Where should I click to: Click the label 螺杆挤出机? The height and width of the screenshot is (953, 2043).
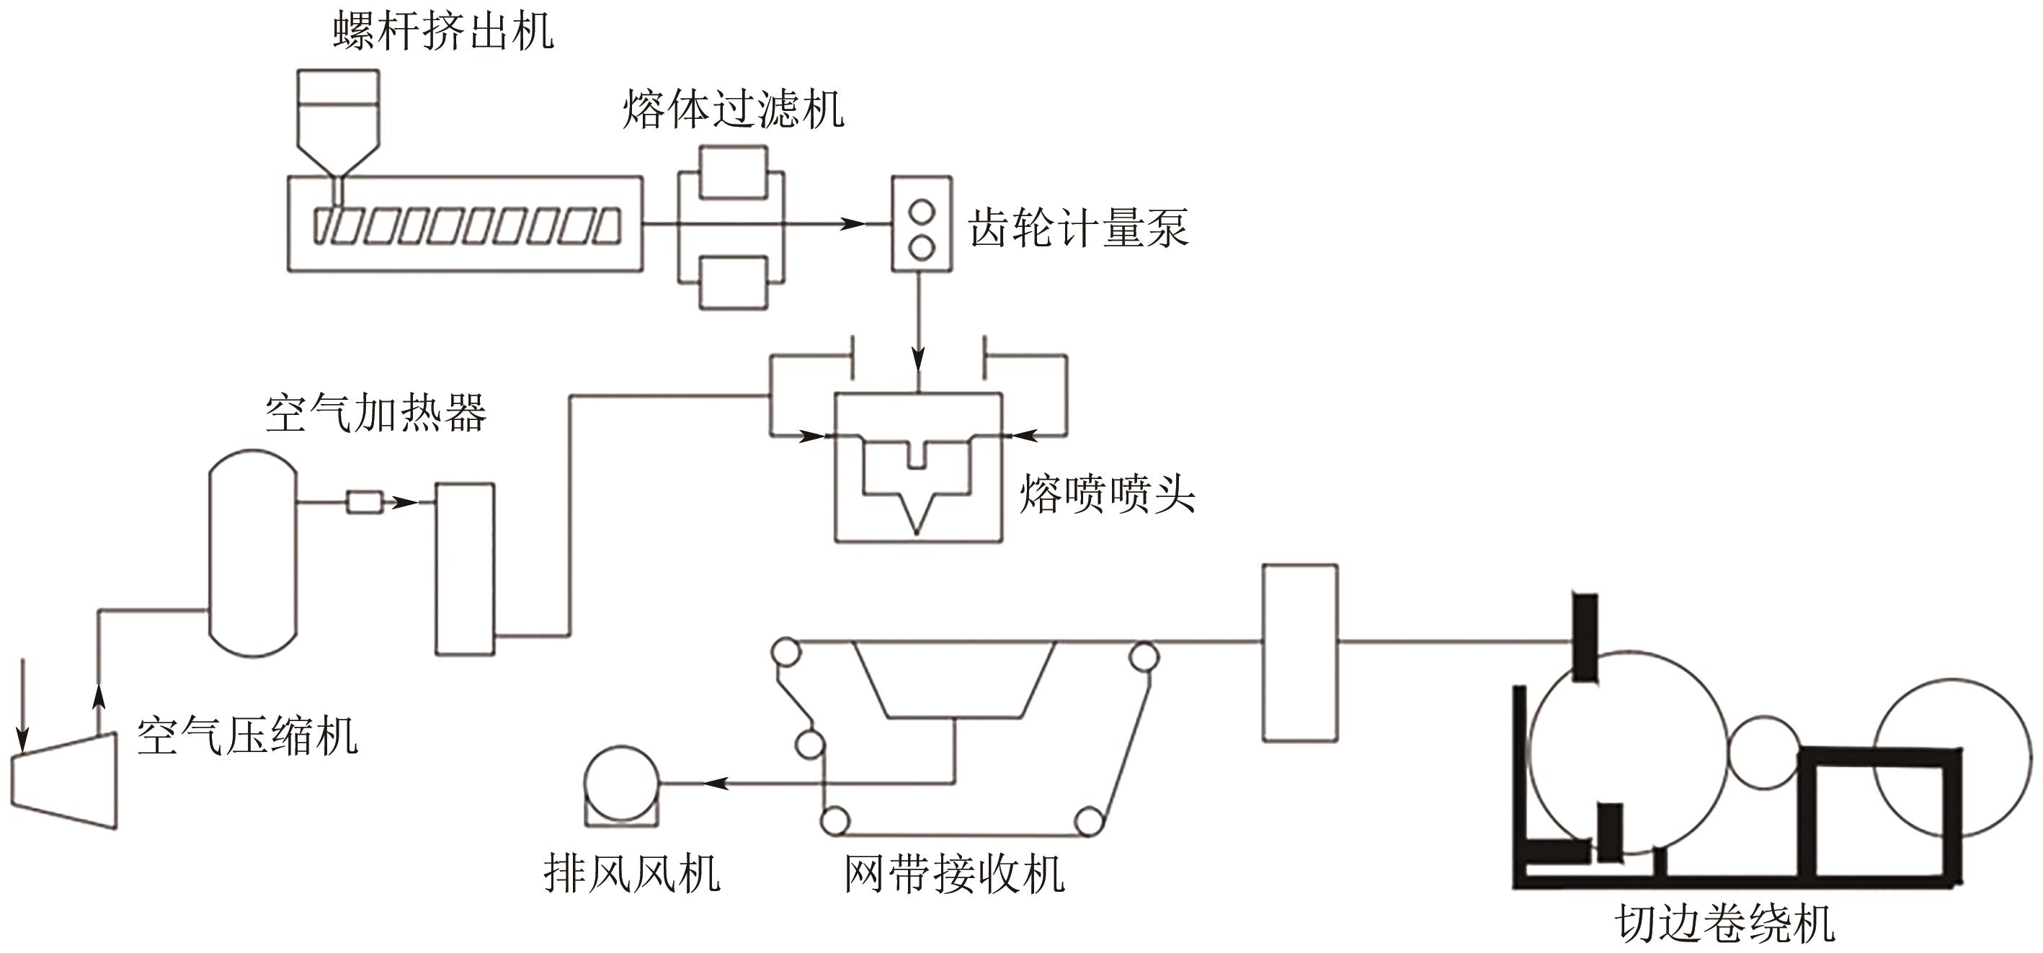[442, 32]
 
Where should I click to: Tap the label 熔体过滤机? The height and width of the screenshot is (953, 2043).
[733, 109]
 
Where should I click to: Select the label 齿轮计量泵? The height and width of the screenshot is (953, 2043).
[1078, 228]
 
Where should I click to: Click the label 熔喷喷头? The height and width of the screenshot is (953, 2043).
[1106, 494]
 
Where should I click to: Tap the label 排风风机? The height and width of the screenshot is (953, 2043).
[631, 874]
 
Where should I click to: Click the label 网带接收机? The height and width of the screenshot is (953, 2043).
[954, 874]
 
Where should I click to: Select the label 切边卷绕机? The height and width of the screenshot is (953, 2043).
[1725, 924]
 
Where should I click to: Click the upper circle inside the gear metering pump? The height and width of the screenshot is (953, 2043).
[921, 212]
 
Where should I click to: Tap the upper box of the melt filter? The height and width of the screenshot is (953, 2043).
[733, 171]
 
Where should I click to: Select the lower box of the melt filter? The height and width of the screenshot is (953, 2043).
[733, 282]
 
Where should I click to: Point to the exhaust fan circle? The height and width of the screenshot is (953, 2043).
[622, 782]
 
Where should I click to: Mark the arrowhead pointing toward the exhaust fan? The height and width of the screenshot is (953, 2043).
[716, 783]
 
